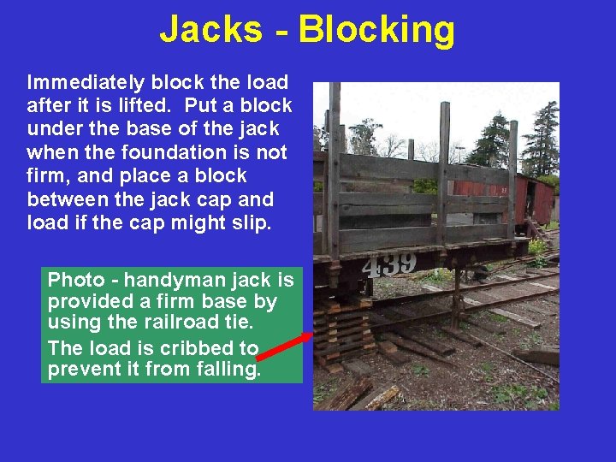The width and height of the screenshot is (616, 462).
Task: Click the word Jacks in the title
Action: click(x=210, y=29)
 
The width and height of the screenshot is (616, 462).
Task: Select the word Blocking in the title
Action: click(x=376, y=29)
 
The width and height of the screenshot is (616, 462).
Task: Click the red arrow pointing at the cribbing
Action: click(x=286, y=347)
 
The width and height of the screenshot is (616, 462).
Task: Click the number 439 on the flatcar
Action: click(x=389, y=264)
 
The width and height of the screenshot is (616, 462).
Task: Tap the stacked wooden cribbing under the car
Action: click(x=342, y=329)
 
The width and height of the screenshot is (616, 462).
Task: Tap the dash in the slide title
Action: click(x=280, y=31)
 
